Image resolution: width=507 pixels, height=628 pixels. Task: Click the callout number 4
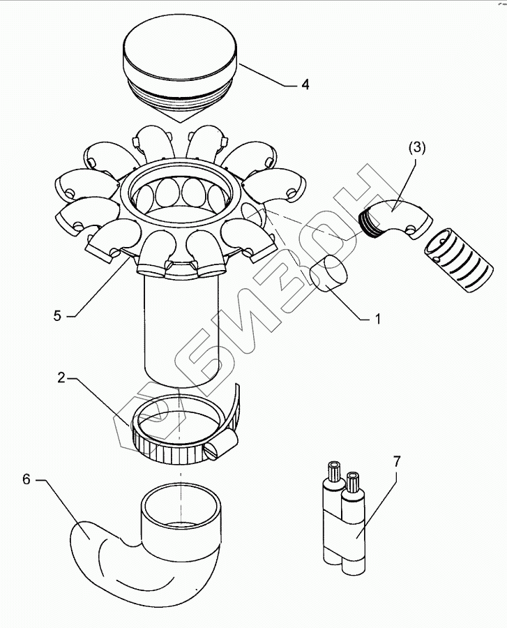[305, 85]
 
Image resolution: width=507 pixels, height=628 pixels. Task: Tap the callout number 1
[377, 319]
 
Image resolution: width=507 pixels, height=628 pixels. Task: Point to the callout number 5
[56, 315]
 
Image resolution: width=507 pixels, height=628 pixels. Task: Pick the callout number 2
[61, 379]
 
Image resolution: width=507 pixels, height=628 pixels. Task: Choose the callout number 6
[27, 479]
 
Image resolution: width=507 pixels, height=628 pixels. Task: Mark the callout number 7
[396, 462]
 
